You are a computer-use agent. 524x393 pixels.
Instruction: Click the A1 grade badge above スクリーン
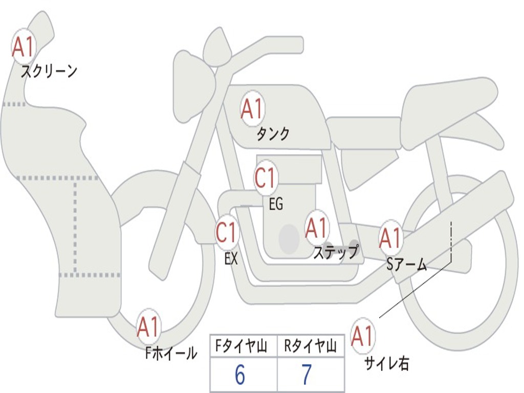[x=24, y=47]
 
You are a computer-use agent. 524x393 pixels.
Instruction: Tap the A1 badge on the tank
[x=253, y=108]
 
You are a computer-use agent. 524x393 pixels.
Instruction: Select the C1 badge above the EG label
[x=266, y=177]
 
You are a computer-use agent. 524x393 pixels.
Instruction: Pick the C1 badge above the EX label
[x=227, y=232]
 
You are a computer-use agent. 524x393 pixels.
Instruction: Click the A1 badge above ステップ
[x=316, y=228]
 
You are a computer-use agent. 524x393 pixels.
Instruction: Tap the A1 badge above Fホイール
[x=148, y=326]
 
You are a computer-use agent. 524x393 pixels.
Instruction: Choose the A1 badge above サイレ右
[x=363, y=336]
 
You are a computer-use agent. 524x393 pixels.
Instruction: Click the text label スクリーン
[x=49, y=71]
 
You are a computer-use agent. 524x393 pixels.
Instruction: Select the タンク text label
[x=273, y=134]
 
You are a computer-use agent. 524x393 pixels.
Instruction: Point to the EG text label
[x=276, y=204]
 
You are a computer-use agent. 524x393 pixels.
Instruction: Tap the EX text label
[x=231, y=258]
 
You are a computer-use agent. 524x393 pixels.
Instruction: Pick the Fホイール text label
[x=171, y=353]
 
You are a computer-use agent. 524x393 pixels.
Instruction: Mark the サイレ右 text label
[x=387, y=363]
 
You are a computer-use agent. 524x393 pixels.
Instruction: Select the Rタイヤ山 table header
[x=310, y=346]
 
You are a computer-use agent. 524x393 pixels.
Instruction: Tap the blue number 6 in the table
[x=240, y=375]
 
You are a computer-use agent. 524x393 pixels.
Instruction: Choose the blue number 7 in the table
[x=307, y=375]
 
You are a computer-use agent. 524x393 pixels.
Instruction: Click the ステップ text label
[x=336, y=252]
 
